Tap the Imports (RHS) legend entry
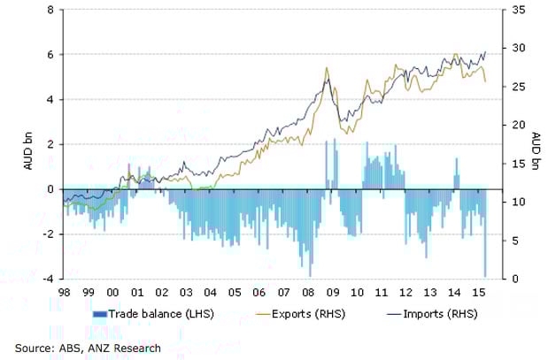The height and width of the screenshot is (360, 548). (436, 314)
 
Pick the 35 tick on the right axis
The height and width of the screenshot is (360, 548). (512, 10)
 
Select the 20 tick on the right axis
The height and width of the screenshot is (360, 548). (512, 125)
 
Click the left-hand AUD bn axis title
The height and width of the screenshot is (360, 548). (26, 144)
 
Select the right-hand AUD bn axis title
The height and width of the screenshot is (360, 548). (536, 144)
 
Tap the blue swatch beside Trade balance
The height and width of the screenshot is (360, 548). (99, 315)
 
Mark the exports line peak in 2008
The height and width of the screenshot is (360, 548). (327, 67)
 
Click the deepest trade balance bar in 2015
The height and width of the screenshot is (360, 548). (485, 275)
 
